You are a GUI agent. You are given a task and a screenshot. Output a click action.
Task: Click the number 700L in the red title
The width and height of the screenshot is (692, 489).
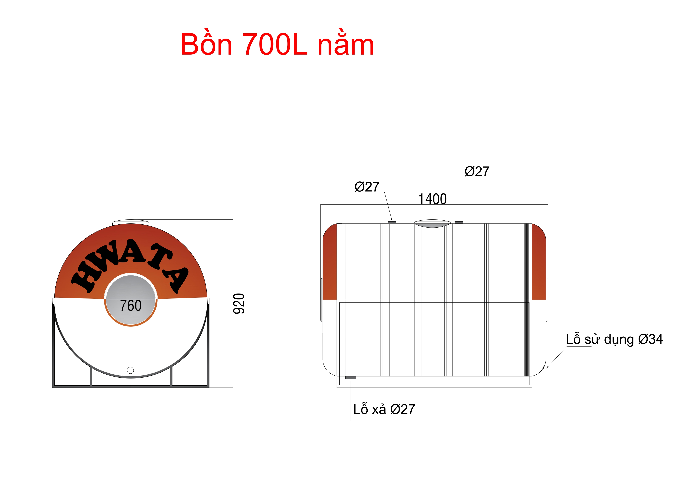[x=275, y=45]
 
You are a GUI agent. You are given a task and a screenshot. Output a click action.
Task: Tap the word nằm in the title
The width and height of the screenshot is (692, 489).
[x=346, y=45]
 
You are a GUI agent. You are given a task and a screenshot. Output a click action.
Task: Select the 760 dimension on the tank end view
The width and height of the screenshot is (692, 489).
[x=131, y=306]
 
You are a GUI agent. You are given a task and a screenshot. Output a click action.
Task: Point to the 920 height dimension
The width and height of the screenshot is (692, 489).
[x=239, y=304]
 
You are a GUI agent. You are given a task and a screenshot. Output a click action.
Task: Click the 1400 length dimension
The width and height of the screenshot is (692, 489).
[x=432, y=199]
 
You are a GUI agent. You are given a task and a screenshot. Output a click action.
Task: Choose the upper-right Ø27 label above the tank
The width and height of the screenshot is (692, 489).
[x=477, y=172]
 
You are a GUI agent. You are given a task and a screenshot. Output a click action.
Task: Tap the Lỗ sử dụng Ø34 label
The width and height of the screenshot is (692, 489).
[x=614, y=339]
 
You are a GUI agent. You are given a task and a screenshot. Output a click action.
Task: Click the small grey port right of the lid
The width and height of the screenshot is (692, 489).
[x=459, y=222]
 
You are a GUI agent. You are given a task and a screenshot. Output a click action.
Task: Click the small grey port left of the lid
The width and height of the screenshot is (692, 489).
[x=392, y=222]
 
